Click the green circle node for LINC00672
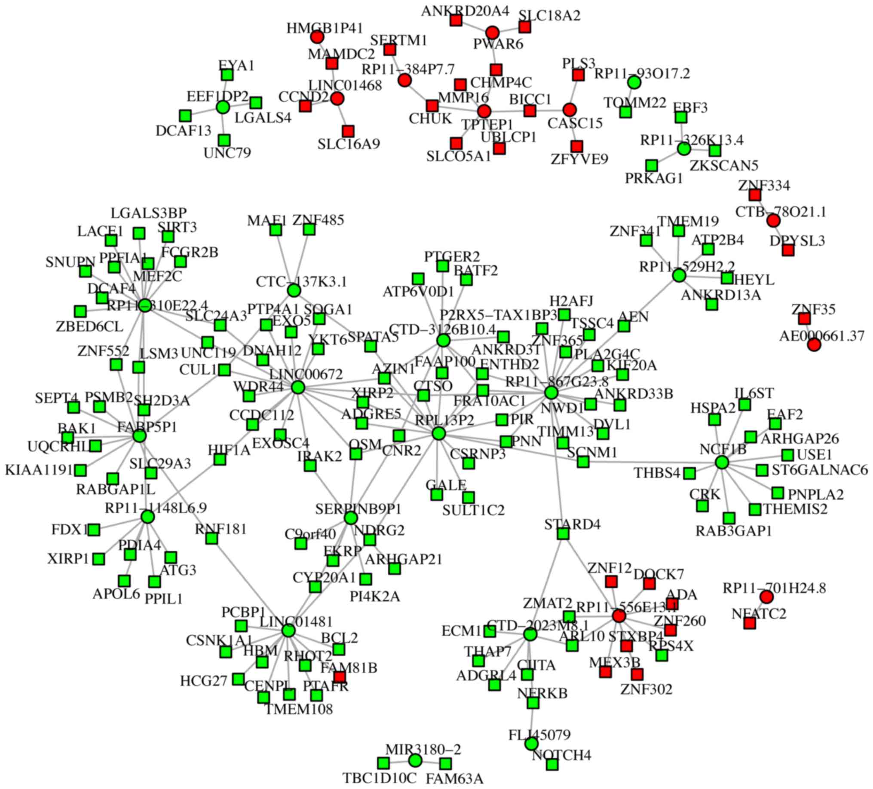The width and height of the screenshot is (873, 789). [x=297, y=387]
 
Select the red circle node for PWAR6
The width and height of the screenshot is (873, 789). [x=492, y=33]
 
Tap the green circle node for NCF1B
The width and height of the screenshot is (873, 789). [x=721, y=463]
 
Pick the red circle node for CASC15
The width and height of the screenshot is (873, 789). [x=570, y=110]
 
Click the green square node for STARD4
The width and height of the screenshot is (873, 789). [x=563, y=533]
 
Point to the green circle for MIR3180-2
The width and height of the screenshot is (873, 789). [x=415, y=760]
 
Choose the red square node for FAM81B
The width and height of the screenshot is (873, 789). [x=340, y=676]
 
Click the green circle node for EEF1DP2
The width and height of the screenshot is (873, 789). [x=223, y=107]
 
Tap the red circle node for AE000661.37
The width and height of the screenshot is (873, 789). [x=814, y=344]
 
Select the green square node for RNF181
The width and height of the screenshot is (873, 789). [x=211, y=539]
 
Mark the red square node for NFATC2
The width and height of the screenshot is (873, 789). [x=750, y=623]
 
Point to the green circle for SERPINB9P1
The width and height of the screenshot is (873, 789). [x=351, y=518]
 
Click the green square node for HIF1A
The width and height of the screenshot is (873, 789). [x=220, y=460]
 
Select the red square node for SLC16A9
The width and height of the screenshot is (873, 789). [x=348, y=131]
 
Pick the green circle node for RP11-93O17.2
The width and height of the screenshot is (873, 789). [x=634, y=82]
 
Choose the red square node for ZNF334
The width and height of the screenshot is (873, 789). [x=755, y=195]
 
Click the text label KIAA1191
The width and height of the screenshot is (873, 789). [x=39, y=469]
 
